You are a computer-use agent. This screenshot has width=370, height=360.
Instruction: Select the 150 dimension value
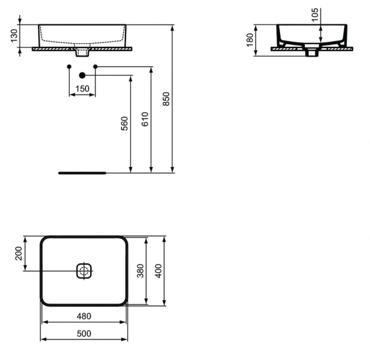click(82, 89)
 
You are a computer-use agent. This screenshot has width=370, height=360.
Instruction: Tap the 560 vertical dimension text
click(124, 123)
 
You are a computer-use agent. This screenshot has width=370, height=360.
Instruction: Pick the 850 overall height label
click(166, 99)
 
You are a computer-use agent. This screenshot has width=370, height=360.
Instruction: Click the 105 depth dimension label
click(315, 16)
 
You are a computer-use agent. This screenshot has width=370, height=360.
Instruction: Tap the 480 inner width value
click(83, 316)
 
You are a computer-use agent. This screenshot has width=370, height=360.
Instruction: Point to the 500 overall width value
click(83, 334)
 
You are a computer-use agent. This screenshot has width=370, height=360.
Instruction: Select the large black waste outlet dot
click(83, 75)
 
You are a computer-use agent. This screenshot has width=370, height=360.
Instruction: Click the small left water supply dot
click(70, 65)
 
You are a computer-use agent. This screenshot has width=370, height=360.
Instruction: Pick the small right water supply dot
click(96, 65)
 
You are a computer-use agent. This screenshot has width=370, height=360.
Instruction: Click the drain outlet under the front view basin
click(83, 55)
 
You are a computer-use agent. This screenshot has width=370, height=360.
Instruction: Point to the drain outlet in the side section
click(311, 53)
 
